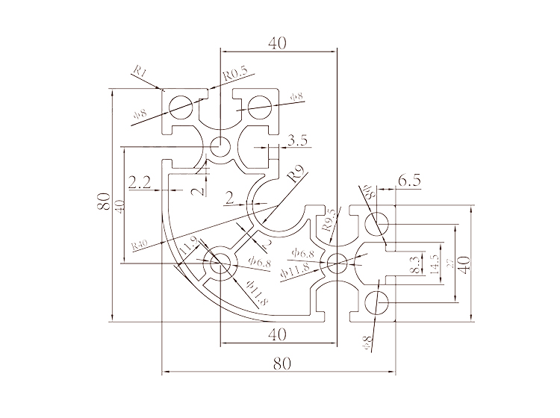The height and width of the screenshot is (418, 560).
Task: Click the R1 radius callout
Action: [141, 72]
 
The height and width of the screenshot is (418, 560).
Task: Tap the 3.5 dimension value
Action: [296, 140]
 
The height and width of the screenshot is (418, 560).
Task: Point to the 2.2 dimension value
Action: [140, 181]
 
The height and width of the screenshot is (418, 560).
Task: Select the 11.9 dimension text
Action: [189, 243]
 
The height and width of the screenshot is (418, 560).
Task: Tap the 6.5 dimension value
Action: [410, 180]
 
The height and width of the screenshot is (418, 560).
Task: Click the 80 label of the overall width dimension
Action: [281, 364]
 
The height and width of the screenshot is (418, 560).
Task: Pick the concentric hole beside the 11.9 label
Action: [220, 263]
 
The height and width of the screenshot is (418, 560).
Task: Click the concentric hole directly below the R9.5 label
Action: [336, 262]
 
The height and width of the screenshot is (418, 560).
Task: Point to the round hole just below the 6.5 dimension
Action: [378, 222]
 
